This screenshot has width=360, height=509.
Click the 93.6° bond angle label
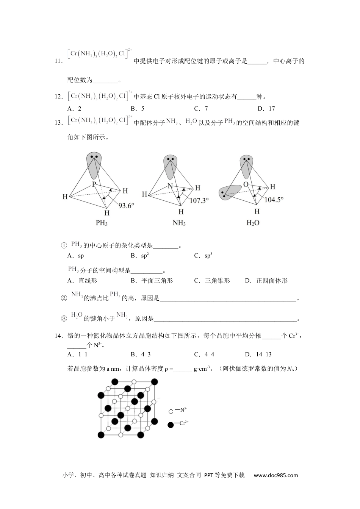127,206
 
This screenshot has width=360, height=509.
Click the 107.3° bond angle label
199,200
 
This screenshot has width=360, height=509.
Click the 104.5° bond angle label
274,200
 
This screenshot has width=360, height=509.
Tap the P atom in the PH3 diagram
94,184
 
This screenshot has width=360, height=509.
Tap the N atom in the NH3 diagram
170,186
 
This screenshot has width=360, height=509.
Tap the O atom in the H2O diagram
246,184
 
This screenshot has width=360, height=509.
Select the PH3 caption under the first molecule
102,223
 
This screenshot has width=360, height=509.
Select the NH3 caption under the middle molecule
179,223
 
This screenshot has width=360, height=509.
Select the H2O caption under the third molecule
253,223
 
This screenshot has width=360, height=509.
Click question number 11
58,61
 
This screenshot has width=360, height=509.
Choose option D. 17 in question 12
266,109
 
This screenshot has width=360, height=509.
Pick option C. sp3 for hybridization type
203,256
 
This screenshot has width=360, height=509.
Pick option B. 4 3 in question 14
141,354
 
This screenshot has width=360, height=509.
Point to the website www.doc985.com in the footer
276,475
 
